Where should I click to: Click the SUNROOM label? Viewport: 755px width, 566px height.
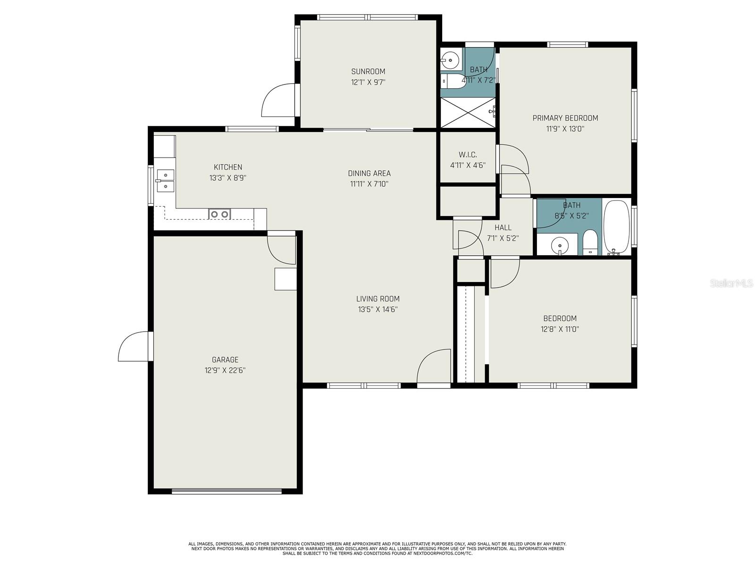tap(368, 72)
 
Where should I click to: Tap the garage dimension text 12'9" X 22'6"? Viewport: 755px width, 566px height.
tap(225, 371)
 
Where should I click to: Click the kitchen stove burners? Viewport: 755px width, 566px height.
tap(219, 214)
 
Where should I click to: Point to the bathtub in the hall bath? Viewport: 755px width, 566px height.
tap(617, 227)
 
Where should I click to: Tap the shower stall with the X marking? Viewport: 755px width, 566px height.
tap(468, 112)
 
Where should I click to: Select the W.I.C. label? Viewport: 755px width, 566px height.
tap(468, 155)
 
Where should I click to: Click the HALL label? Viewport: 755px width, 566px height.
tap(503, 227)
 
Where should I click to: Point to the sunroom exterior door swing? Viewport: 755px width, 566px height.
tap(278, 100)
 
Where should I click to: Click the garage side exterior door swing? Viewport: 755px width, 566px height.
tap(134, 347)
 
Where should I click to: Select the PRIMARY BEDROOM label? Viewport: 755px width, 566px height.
tap(565, 118)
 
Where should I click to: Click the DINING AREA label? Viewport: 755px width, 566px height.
tap(369, 173)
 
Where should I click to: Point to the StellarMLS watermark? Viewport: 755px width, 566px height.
tap(731, 283)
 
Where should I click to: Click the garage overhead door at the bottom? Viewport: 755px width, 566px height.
tap(226, 491)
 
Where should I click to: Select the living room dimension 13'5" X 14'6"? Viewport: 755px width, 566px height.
tap(377, 309)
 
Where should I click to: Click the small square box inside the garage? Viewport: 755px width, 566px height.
tap(285, 278)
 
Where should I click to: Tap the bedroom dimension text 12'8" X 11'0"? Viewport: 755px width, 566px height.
tap(560, 329)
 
